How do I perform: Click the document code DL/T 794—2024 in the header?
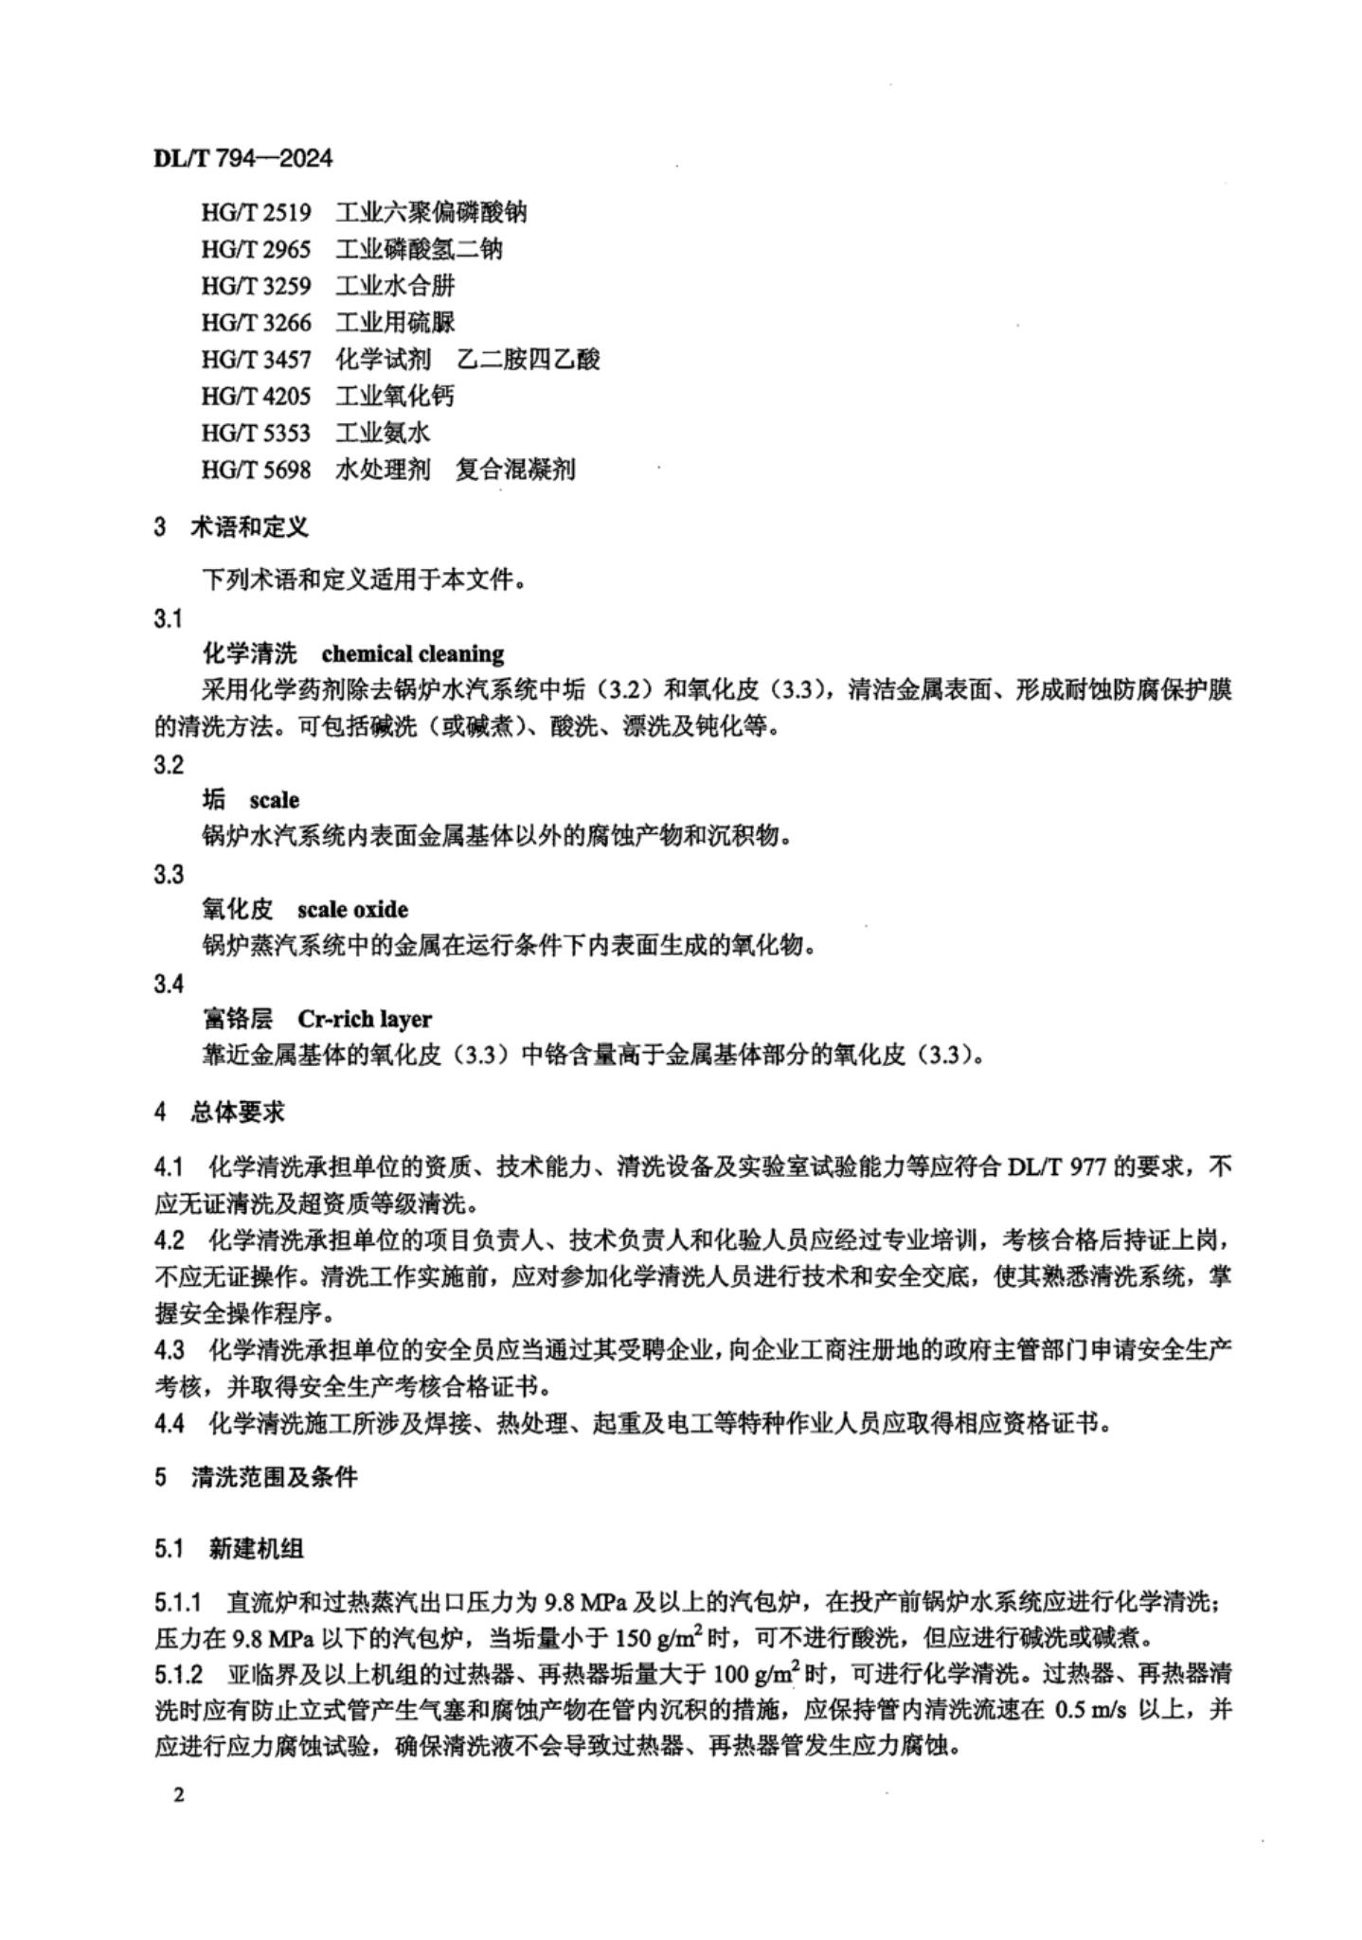[x=242, y=157]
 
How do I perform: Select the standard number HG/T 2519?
[x=256, y=213]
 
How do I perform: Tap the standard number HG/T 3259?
[x=256, y=286]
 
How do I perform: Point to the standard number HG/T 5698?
[x=256, y=470]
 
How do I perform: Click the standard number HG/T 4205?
[x=256, y=396]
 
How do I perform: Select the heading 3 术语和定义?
[x=231, y=527]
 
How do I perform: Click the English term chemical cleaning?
[x=412, y=654]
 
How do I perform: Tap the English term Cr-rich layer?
[x=364, y=1020]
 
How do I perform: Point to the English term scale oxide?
[x=352, y=910]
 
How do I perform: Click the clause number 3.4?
[x=169, y=984]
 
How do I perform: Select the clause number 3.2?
[x=169, y=765]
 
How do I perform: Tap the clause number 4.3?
[x=170, y=1349]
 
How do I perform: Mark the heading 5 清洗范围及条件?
[x=256, y=1477]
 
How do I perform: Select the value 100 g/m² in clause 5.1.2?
[x=758, y=1674]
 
